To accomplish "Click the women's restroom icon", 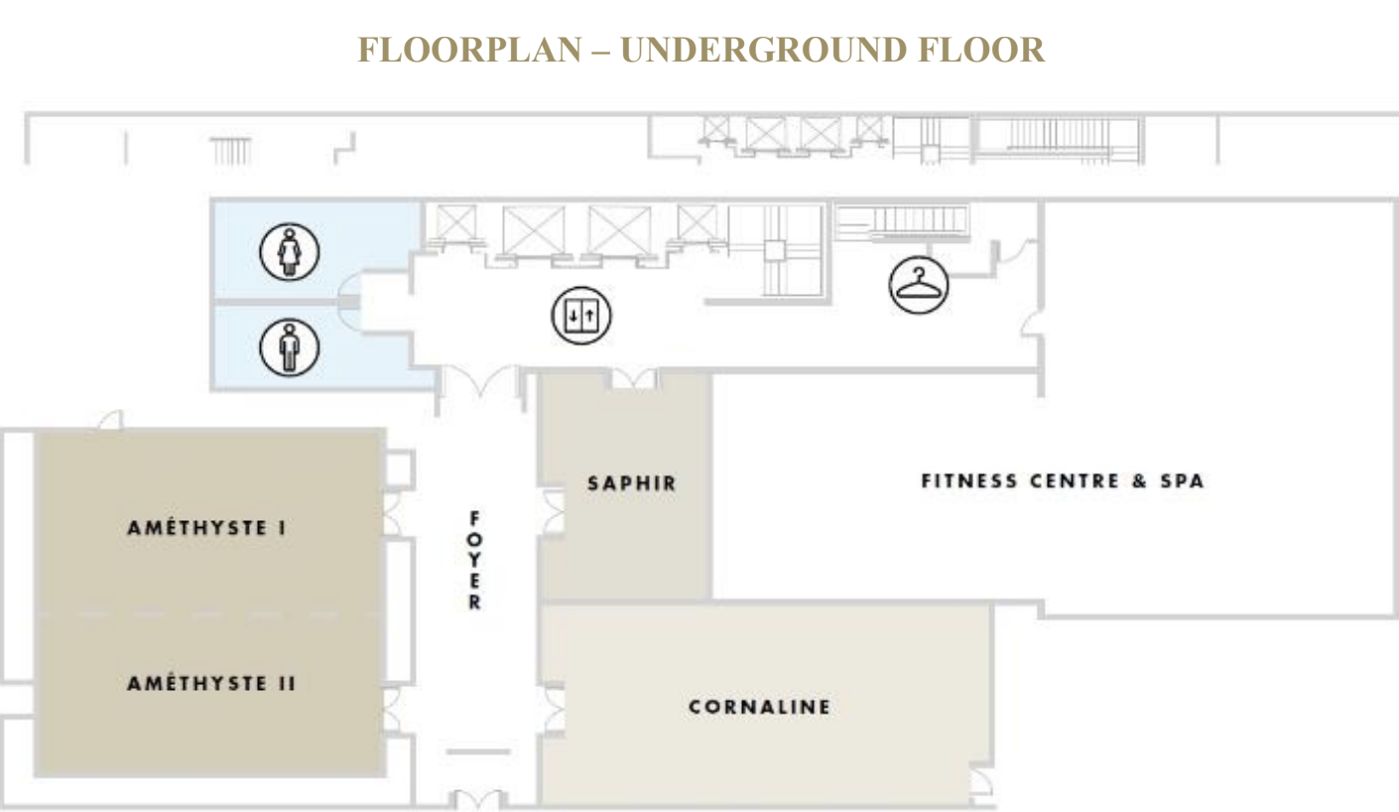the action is click(x=289, y=252).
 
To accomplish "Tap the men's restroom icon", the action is click(x=289, y=347).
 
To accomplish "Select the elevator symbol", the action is click(x=581, y=316).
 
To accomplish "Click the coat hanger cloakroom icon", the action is click(x=919, y=285).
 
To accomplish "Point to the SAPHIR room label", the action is click(x=632, y=482).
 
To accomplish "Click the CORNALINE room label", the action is click(x=759, y=707).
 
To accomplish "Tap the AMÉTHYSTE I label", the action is click(x=206, y=528).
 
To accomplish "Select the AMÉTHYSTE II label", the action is click(x=211, y=683).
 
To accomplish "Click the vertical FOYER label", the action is click(x=474, y=560).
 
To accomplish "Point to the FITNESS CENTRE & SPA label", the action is click(x=1063, y=480).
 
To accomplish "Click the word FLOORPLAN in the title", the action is click(x=469, y=50).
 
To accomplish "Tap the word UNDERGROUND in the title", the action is click(x=763, y=50).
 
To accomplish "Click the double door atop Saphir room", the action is click(x=634, y=379).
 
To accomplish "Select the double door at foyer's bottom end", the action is click(x=478, y=799).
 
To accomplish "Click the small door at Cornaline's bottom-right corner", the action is click(x=980, y=782).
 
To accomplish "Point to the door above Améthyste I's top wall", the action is click(x=111, y=420).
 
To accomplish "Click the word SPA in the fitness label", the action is click(x=1183, y=480).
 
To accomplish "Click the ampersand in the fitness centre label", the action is click(x=1140, y=480).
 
